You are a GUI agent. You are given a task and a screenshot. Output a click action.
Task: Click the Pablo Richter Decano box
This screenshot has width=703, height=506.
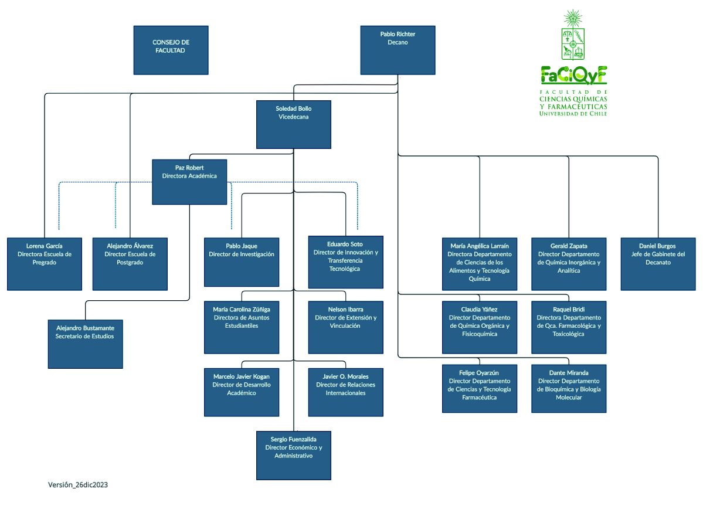[x=398, y=50]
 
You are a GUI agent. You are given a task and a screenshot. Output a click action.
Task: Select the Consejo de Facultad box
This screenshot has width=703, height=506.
[x=171, y=50]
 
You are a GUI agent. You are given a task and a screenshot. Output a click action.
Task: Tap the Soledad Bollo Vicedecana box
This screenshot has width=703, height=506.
[x=293, y=124]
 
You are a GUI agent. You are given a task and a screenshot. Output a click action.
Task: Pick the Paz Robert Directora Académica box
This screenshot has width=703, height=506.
[x=189, y=182]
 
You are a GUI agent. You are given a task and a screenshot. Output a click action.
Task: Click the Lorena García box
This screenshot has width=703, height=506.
[x=45, y=264]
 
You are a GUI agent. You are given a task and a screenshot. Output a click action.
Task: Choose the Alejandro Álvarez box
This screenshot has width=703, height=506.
[x=130, y=264]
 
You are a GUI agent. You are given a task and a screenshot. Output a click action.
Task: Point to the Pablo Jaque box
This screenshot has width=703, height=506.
[x=242, y=262]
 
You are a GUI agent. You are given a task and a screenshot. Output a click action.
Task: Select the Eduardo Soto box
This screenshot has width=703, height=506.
[x=345, y=262]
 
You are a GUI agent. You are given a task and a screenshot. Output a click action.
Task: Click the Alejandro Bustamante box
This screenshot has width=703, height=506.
[x=86, y=344]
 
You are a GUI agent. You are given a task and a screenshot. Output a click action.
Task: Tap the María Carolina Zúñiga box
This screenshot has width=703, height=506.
[x=242, y=327]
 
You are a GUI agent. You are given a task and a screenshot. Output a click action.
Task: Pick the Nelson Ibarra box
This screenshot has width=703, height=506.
[x=345, y=327]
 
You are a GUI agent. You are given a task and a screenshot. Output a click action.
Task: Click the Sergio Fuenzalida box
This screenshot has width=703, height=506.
[x=293, y=455]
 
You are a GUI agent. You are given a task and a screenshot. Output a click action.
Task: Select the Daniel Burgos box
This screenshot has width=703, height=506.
[x=658, y=264]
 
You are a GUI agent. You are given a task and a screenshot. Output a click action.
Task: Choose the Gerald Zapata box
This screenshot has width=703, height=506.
[x=569, y=264]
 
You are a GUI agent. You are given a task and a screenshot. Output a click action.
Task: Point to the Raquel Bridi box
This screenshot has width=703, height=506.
[x=569, y=327]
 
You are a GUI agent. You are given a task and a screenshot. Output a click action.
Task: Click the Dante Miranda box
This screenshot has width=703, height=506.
[x=569, y=388]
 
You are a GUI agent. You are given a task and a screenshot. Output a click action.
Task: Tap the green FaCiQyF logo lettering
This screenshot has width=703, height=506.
[x=574, y=76]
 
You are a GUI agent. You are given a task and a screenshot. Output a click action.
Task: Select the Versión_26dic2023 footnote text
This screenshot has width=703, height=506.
[x=78, y=485]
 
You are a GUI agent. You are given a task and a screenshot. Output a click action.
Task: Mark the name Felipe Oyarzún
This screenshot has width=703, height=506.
[x=479, y=373]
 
